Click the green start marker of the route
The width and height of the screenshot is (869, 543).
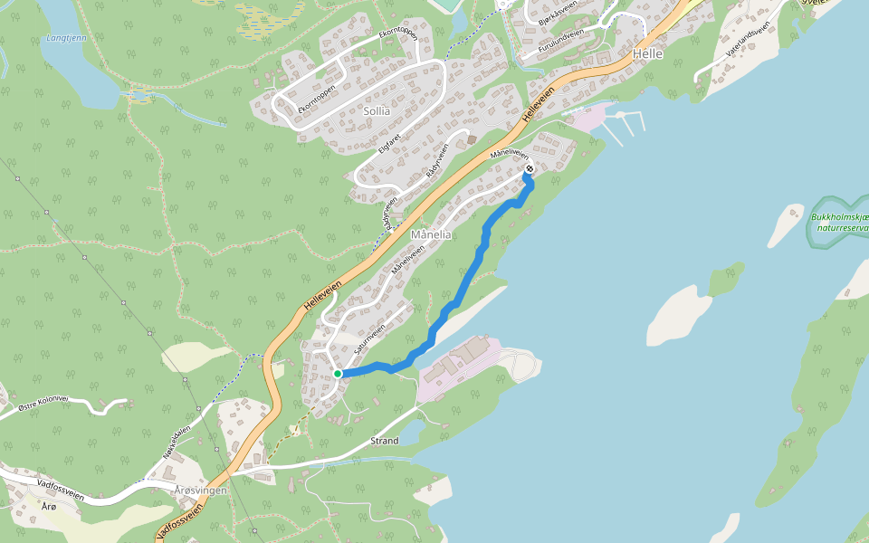click(x=338, y=373)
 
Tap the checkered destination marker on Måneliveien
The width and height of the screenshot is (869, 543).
click(x=530, y=169)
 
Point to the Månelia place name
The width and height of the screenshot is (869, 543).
click(x=431, y=234)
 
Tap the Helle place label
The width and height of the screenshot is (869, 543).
click(x=648, y=54)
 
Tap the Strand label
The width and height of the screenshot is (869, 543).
click(x=385, y=441)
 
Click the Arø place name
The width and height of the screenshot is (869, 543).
click(x=49, y=507)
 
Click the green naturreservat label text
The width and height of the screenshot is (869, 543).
click(x=840, y=223)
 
